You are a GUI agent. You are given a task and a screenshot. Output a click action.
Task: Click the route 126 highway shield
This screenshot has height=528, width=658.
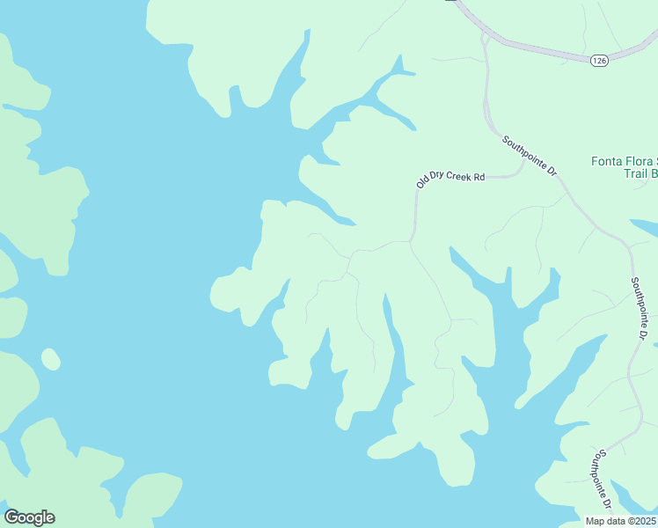[x=599, y=60]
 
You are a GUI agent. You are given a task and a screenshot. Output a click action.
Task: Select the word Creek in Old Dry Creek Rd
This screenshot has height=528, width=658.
[x=457, y=177]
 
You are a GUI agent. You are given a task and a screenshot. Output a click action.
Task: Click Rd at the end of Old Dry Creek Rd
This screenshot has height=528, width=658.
[x=479, y=176]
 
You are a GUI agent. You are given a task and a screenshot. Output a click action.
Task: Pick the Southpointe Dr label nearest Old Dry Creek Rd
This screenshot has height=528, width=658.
[x=530, y=154]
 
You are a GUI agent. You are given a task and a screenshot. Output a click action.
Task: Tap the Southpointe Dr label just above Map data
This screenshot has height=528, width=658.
[x=602, y=479]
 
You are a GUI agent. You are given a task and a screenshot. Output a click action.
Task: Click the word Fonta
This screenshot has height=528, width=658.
[x=607, y=162]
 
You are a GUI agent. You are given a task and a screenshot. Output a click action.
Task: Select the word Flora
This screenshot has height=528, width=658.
[x=641, y=162]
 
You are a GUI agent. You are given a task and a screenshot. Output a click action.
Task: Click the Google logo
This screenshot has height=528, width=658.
[x=29, y=517]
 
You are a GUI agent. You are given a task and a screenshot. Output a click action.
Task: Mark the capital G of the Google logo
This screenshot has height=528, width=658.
[x=11, y=517]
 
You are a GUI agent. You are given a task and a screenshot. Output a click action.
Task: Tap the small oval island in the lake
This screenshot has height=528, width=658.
[x=51, y=359]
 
